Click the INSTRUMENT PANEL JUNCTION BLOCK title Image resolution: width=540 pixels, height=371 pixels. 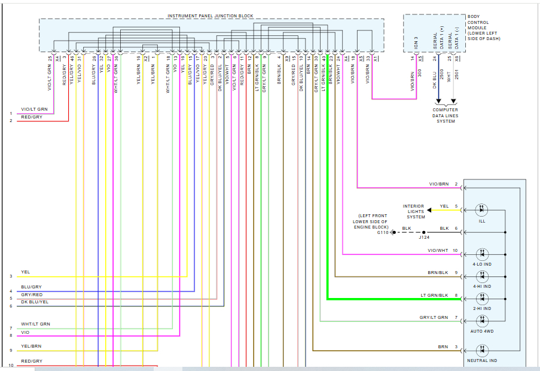[x=210, y=16]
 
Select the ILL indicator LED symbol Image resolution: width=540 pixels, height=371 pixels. [x=482, y=210]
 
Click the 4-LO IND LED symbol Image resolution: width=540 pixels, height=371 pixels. [x=482, y=254]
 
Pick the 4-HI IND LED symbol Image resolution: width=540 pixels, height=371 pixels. [x=482, y=276]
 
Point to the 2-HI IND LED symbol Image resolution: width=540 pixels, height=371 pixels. [x=482, y=299]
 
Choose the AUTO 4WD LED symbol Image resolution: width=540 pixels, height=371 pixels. [x=482, y=321]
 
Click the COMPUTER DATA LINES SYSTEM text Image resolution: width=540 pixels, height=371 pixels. [x=446, y=115]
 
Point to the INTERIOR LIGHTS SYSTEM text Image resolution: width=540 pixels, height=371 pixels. [x=413, y=211]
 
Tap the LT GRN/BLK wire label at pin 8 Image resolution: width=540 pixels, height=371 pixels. [x=435, y=295]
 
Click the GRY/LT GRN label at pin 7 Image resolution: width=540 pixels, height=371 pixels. [x=434, y=317]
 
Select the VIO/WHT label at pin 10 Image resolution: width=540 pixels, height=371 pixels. [x=438, y=250]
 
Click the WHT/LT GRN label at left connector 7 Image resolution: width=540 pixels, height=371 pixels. [x=35, y=324]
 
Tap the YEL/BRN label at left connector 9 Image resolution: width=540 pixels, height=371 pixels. [x=31, y=346]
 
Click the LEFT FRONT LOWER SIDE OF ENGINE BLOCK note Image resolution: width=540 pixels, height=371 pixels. [x=372, y=221]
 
